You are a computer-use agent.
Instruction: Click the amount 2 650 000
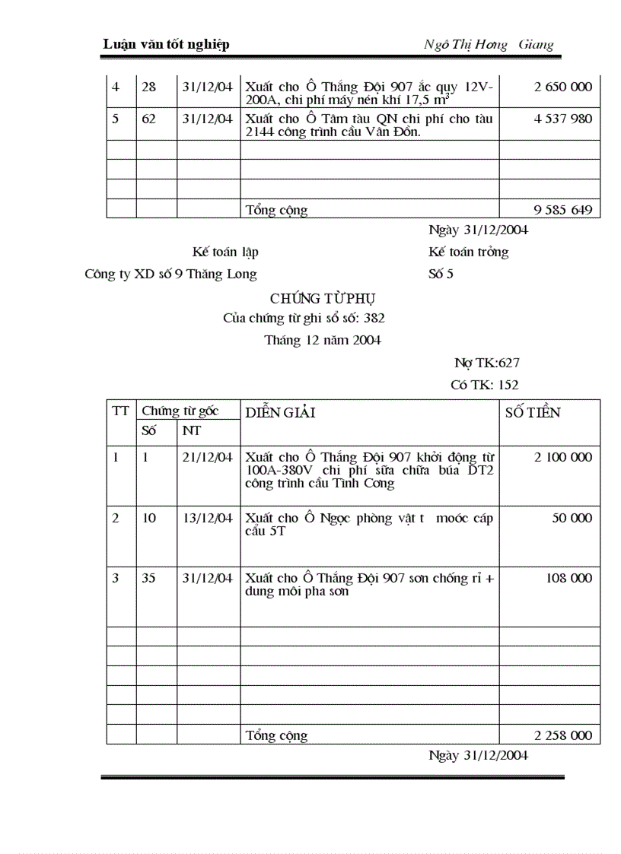[x=562, y=87]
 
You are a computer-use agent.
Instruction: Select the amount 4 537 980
[x=562, y=119]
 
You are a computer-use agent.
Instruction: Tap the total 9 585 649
[x=562, y=210]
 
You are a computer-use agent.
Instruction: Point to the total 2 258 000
[x=562, y=735]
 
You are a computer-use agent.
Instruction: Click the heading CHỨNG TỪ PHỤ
[x=322, y=298]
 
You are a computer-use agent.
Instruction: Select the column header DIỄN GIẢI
[x=281, y=413]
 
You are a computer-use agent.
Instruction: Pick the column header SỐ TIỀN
[x=533, y=413]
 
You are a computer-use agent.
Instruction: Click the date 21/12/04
[x=208, y=457]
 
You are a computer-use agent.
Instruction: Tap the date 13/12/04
[x=208, y=518]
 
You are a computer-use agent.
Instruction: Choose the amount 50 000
[x=572, y=518]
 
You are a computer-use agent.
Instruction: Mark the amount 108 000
[x=568, y=578]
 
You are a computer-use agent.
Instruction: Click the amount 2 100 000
[x=562, y=457]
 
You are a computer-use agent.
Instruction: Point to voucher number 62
[x=149, y=119]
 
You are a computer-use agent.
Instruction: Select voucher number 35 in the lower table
[x=149, y=578]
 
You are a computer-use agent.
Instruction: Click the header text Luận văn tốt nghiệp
[x=166, y=44]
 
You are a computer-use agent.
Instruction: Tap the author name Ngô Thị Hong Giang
[x=489, y=44]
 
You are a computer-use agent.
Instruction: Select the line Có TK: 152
[x=485, y=386]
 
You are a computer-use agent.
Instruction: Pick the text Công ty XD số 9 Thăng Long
[x=170, y=275]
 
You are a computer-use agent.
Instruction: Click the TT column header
[x=120, y=411]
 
